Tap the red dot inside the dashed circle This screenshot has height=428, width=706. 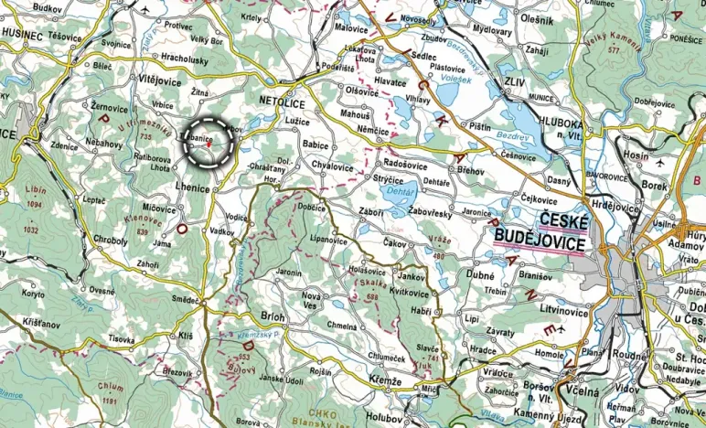click(209, 144)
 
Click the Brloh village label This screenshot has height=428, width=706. click(273, 316)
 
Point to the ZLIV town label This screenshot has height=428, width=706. click(515, 81)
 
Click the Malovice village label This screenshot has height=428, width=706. click(350, 28)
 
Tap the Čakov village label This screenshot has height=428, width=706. click(395, 244)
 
